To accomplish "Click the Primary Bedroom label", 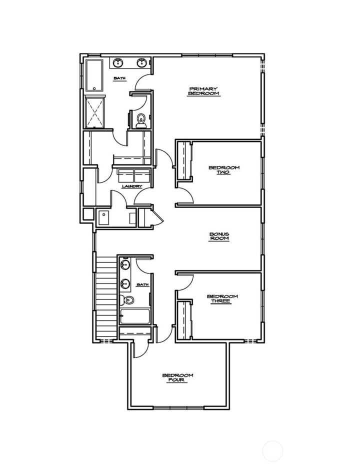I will tap(203, 91).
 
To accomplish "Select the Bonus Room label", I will tap(219, 236).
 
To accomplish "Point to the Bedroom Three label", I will tap(222, 298).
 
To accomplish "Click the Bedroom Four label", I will tap(177, 377).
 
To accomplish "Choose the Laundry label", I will tap(132, 186).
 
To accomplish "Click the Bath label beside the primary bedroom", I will tap(119, 78).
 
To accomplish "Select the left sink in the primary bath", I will tap(118, 63).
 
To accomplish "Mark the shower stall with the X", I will tap(94, 111).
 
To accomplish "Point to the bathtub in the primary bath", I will tap(93, 75).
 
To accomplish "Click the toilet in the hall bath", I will tap(128, 300).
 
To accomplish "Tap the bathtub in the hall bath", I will tap(134, 317).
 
